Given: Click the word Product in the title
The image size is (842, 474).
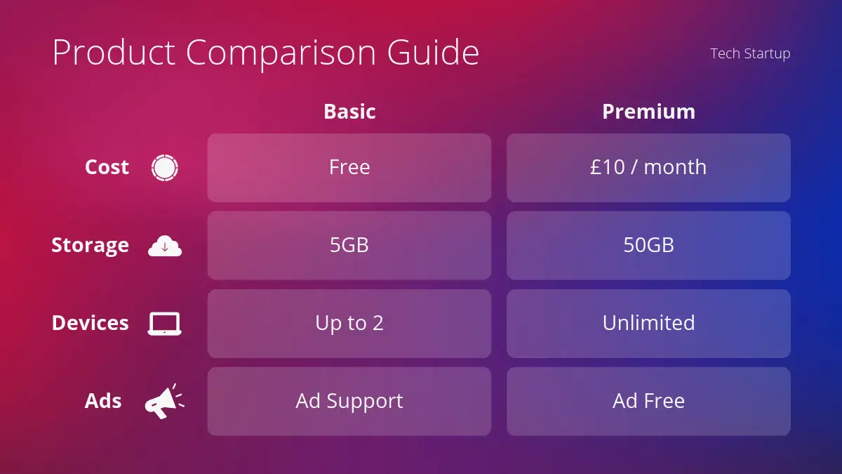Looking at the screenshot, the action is [x=114, y=52].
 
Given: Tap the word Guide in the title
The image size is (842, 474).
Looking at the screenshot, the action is [x=433, y=52].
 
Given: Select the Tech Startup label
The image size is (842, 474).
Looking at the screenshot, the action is [x=750, y=53].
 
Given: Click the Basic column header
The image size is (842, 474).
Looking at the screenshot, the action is [x=349, y=112].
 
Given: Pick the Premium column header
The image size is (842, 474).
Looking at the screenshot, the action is [x=648, y=112].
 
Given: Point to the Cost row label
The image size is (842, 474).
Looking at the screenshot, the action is [x=107, y=167].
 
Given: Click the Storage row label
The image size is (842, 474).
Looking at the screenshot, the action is [x=91, y=245].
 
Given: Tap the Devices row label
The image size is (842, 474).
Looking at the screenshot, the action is [x=91, y=323].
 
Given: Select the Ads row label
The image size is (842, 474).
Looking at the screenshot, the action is [x=103, y=401].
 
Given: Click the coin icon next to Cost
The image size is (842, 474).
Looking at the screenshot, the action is [x=165, y=168].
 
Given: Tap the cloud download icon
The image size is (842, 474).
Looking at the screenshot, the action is [x=165, y=246].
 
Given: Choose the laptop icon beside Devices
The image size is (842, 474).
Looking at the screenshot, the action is [x=165, y=324].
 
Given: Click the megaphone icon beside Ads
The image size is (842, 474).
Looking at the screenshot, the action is [x=165, y=402].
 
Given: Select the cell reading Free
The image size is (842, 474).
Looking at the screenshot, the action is [x=349, y=168].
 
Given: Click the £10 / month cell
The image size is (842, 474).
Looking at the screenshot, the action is [x=648, y=168].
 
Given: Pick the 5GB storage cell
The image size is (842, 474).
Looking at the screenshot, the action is [x=349, y=246].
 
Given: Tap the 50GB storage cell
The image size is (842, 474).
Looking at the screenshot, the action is [x=648, y=246].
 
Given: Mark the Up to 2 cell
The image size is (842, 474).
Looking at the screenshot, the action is [x=349, y=324].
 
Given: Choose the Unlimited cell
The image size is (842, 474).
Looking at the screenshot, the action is [x=648, y=324].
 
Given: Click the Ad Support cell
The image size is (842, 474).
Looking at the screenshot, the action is [x=349, y=402].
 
